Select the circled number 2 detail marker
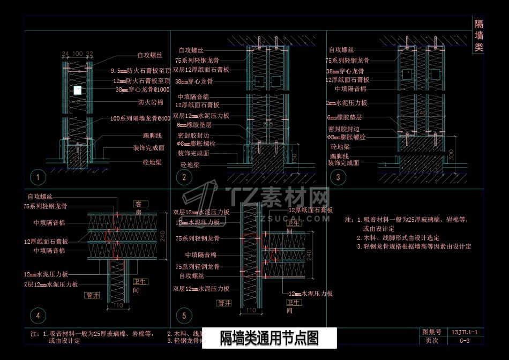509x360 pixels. [184, 177]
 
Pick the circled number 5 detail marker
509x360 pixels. [184, 316]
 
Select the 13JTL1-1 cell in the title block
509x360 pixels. [465, 333]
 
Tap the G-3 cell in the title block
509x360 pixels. [465, 341]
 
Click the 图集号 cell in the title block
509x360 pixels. [432, 333]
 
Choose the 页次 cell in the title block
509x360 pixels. [432, 341]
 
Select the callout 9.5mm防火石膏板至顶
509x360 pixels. [140, 71]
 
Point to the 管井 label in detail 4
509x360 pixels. [92, 295]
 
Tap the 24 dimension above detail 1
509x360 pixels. [65, 54]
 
